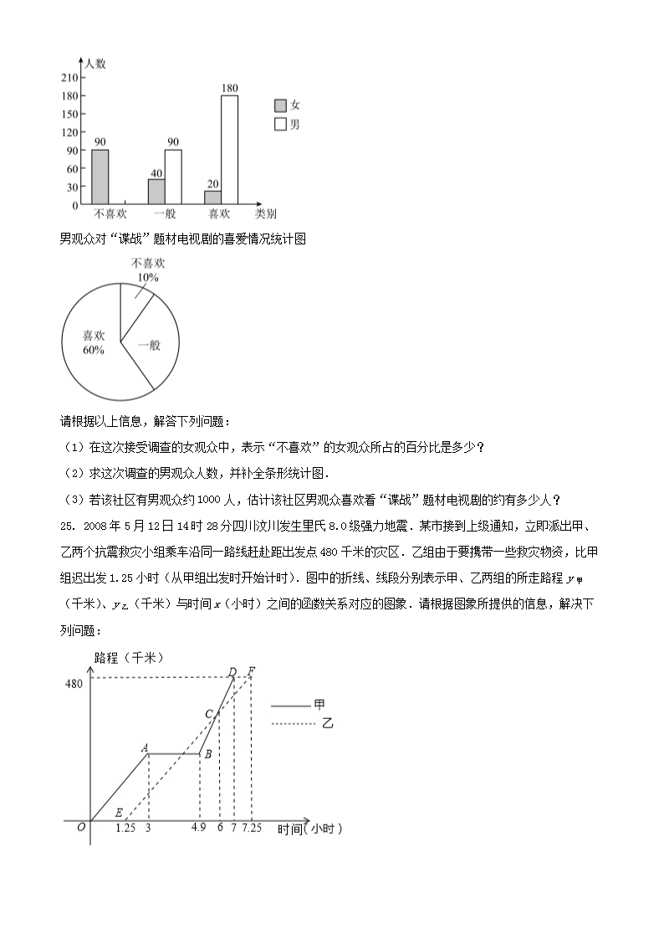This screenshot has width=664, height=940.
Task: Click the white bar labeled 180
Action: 229,149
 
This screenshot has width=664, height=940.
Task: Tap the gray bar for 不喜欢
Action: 100,176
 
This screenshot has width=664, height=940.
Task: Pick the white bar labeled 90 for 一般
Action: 173,176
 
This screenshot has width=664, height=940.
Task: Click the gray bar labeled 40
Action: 156,191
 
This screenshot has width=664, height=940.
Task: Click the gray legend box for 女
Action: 280,105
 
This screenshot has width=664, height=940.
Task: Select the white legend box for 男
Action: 280,125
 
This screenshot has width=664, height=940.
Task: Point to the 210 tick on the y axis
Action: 69,78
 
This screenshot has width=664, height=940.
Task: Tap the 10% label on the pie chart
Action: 147,277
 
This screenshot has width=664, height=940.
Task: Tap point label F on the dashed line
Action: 252,671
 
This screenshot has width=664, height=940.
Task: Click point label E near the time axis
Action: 119,813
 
